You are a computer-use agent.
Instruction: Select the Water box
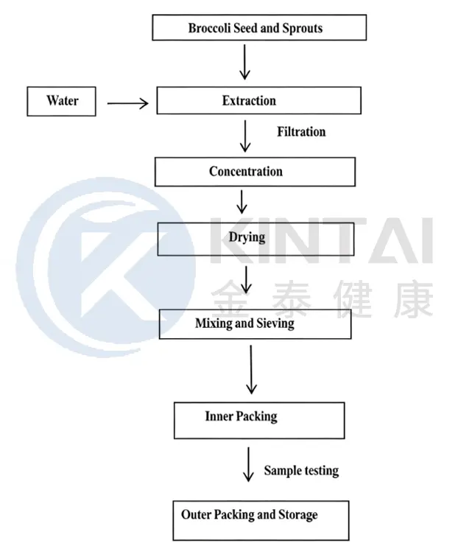coord(62,101)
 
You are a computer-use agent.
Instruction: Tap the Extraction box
coord(258,101)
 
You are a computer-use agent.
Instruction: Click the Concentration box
coord(255,172)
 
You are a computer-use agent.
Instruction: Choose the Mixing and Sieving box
coord(255,323)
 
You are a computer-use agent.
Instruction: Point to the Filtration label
coord(301,132)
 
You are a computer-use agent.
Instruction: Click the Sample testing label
coord(301,470)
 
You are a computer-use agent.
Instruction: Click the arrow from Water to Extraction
coord(127,104)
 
